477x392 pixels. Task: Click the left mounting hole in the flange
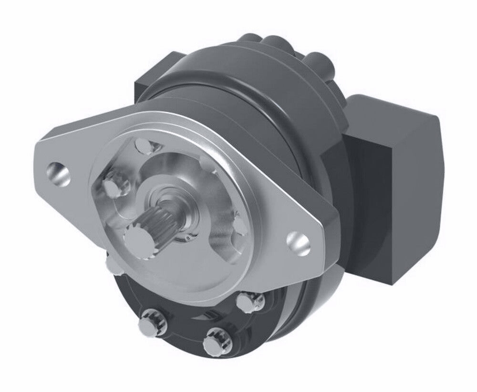pyautogui.click(x=60, y=174)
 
